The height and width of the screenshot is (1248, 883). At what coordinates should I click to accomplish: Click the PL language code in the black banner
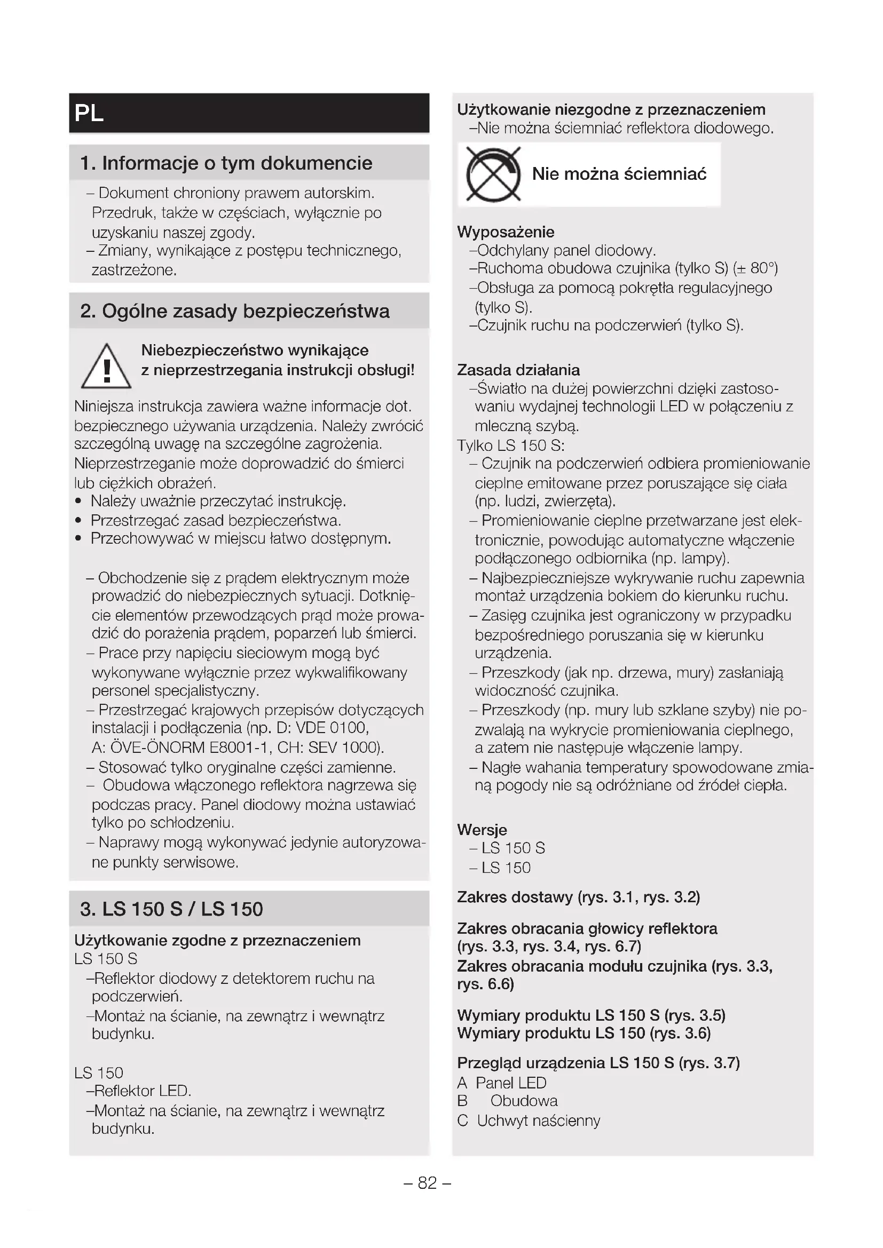coord(89,113)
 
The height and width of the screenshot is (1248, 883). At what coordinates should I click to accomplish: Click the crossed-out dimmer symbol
coord(493,174)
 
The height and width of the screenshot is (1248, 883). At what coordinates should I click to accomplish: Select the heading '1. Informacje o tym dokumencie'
coord(226,163)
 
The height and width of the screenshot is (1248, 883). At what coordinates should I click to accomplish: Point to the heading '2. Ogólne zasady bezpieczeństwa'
coord(235,312)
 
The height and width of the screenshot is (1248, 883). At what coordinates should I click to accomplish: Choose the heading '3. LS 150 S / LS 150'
coord(171,909)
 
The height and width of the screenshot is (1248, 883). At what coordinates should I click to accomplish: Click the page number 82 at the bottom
coord(428,1183)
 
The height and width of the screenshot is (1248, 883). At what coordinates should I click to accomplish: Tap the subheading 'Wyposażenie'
coord(506,232)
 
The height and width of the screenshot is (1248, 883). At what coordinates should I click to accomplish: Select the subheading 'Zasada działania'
coord(518,370)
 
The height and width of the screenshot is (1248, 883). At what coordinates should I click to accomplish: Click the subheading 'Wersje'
coord(482,830)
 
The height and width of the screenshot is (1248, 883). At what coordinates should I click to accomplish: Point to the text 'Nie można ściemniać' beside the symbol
coord(619,174)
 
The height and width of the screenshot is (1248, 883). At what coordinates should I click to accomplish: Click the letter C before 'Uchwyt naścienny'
coord(463,1120)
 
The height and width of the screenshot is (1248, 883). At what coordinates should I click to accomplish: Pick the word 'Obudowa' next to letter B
coord(524,1101)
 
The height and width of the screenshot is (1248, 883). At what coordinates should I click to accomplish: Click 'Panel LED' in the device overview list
coord(510,1083)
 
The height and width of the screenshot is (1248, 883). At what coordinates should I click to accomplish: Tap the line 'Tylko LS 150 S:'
coord(510,446)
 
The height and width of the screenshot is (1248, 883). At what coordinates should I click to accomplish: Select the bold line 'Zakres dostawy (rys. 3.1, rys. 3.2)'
coord(579,897)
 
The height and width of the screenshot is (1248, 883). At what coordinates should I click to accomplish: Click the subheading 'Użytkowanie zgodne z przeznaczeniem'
coord(217,940)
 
